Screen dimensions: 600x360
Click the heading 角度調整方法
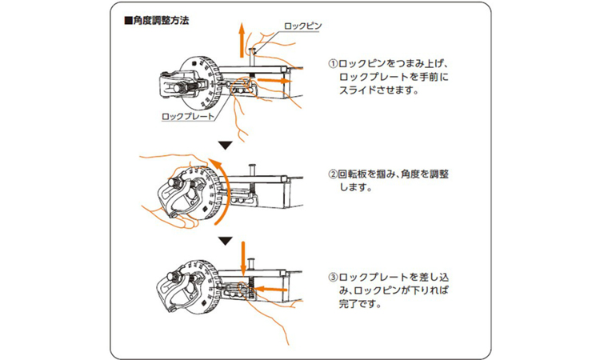pyautogui.click(x=157, y=20)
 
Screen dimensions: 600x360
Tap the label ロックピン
pyautogui.click(x=302, y=26)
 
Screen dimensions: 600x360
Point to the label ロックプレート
pyautogui.click(x=187, y=116)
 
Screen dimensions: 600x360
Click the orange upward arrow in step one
pyautogui.click(x=242, y=40)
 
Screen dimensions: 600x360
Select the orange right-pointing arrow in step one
pyautogui.click(x=274, y=81)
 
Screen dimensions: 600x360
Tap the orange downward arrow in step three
pyautogui.click(x=242, y=258)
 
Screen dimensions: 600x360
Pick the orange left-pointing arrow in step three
pyautogui.click(x=270, y=290)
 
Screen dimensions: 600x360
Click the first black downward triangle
pyautogui.click(x=226, y=146)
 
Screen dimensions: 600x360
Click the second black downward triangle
pyautogui.click(x=226, y=241)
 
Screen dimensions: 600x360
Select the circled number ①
pyautogui.click(x=334, y=63)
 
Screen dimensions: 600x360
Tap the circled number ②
pyautogui.click(x=334, y=174)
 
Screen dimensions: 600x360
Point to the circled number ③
pyautogui.click(x=334, y=277)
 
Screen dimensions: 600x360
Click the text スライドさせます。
pyautogui.click(x=379, y=90)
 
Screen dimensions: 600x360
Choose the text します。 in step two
pyautogui.click(x=356, y=187)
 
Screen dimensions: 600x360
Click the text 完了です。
pyautogui.click(x=360, y=304)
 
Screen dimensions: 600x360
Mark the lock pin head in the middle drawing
pyautogui.click(x=253, y=166)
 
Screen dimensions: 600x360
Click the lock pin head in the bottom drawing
pyautogui.click(x=252, y=260)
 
